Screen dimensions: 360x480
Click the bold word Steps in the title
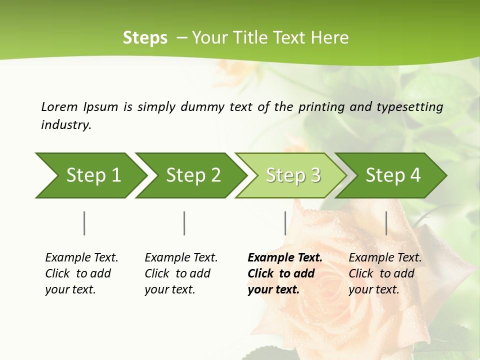click(145, 38)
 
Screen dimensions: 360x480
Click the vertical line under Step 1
click(84, 223)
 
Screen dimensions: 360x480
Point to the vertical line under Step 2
click(184, 223)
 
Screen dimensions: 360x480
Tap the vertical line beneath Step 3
click(285, 223)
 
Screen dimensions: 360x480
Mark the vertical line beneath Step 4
click(386, 223)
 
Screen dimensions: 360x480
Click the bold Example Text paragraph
click(284, 273)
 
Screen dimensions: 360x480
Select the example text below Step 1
click(81, 273)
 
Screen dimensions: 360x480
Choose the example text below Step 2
click(181, 273)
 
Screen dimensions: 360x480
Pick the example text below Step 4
click(385, 273)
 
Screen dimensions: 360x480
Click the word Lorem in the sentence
click(59, 106)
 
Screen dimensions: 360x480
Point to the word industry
click(66, 125)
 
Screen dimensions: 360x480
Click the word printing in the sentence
click(320, 107)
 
